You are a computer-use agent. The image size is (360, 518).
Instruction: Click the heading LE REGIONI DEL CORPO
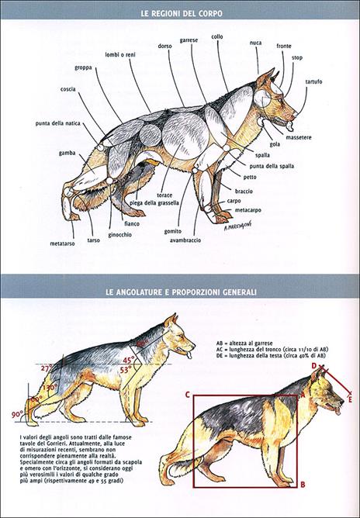pyautogui.click(x=179, y=13)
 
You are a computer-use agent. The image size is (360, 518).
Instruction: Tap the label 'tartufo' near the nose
pyautogui.click(x=313, y=82)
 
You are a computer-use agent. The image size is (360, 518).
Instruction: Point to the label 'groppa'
pyautogui.click(x=85, y=67)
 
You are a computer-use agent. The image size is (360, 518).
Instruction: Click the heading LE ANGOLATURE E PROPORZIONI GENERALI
pyautogui.click(x=179, y=292)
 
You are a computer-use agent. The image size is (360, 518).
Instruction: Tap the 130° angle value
pyautogui.click(x=51, y=386)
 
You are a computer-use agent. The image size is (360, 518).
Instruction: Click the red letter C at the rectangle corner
pyautogui.click(x=188, y=394)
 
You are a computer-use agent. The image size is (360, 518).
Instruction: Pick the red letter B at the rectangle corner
pyautogui.click(x=303, y=484)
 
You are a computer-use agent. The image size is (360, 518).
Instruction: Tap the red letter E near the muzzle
pyautogui.click(x=350, y=400)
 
